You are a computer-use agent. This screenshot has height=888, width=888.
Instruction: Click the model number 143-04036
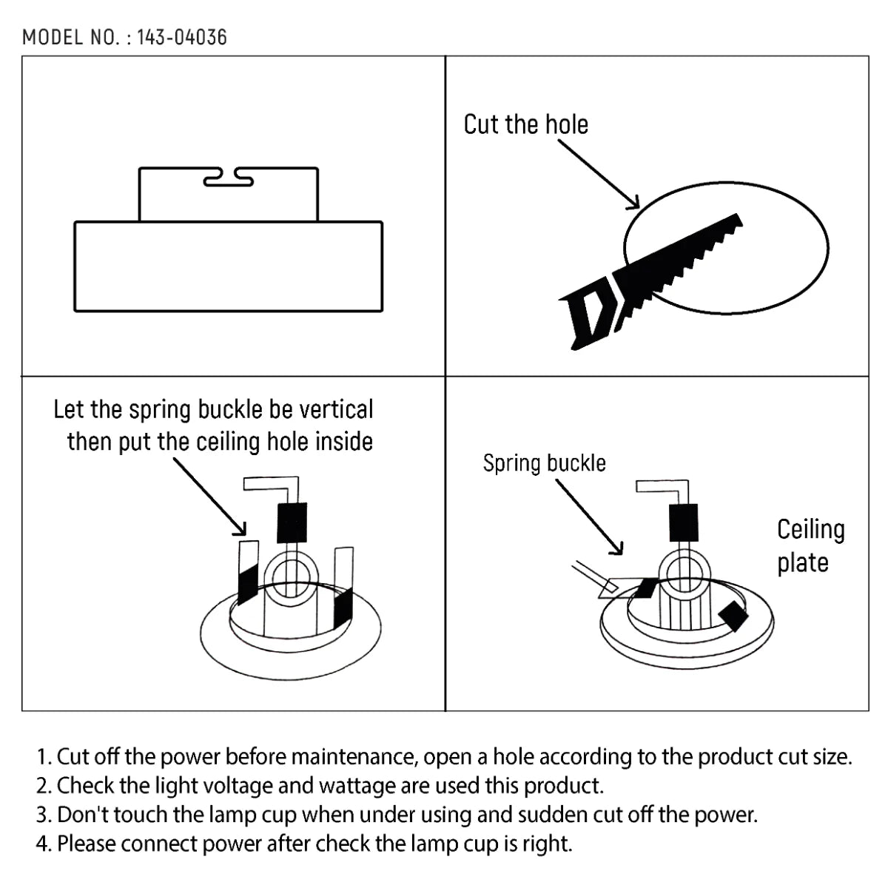(182, 37)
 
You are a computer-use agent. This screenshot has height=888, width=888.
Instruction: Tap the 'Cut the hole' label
(525, 124)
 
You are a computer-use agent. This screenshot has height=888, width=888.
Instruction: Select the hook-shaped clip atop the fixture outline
(228, 176)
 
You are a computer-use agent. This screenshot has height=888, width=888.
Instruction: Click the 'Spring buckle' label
(544, 463)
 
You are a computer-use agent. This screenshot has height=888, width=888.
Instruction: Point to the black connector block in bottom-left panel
(292, 522)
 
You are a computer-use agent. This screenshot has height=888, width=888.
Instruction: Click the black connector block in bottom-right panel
(683, 522)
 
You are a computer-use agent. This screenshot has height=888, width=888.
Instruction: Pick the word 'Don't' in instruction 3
(82, 815)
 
